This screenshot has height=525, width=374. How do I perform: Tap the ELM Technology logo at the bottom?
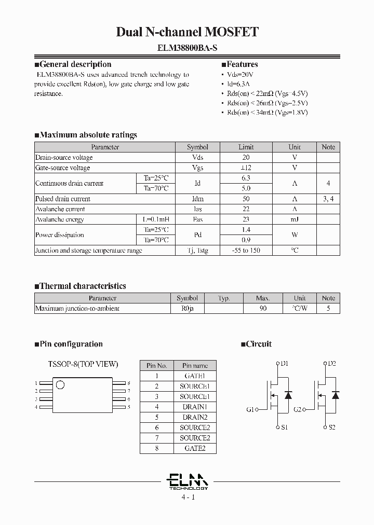pyautogui.click(x=188, y=481)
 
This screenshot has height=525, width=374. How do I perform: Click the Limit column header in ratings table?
pyautogui.click(x=246, y=147)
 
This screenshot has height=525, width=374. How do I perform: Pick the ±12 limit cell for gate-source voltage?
pyautogui.click(x=246, y=168)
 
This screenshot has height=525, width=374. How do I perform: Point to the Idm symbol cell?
pyautogui.click(x=197, y=199)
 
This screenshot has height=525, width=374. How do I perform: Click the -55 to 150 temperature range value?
pyautogui.click(x=246, y=250)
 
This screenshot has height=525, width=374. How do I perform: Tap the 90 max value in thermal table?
pyautogui.click(x=263, y=308)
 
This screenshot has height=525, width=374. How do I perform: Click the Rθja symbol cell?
pyautogui.click(x=187, y=308)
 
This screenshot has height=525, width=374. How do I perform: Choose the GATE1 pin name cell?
pyautogui.click(x=195, y=376)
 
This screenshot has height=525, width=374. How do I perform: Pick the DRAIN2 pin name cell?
pyautogui.click(x=195, y=417)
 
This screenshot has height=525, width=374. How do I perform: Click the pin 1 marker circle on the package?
pyautogui.click(x=61, y=384)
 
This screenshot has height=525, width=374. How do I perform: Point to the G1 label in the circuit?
pyautogui.click(x=250, y=409)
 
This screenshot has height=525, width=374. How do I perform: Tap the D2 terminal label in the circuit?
pyautogui.click(x=332, y=363)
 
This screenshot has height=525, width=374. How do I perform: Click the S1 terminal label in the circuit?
pyautogui.click(x=284, y=427)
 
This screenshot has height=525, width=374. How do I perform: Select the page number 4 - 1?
pyautogui.click(x=188, y=497)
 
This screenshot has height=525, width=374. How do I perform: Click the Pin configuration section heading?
pyautogui.click(x=69, y=344)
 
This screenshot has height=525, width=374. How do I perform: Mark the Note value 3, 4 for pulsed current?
pyautogui.click(x=328, y=199)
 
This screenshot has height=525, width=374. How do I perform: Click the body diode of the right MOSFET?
pyautogui.click(x=335, y=395)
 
